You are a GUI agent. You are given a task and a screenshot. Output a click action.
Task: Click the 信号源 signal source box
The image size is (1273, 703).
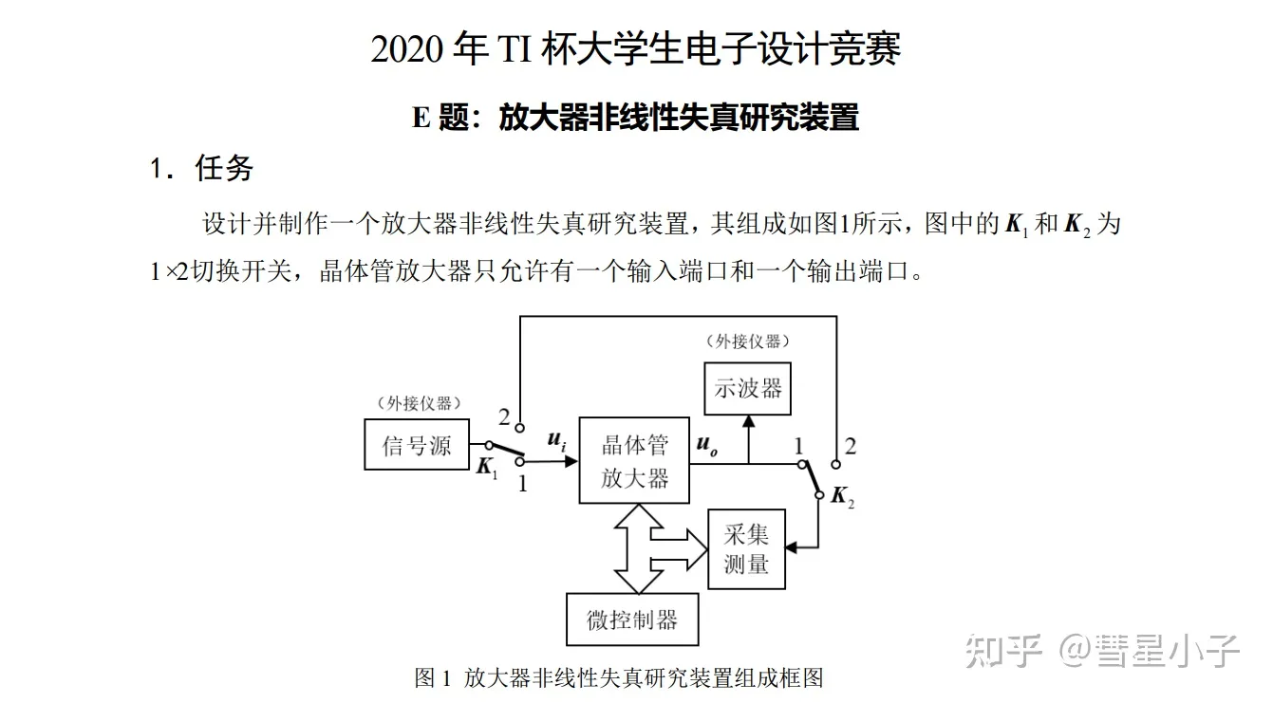click(x=417, y=444)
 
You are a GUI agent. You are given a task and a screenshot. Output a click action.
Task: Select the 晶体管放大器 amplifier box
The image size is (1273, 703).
click(x=634, y=460)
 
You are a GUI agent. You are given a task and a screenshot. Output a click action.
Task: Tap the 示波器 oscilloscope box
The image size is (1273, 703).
click(x=748, y=388)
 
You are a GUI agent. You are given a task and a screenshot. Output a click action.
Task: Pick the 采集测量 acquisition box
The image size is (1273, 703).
click(x=746, y=548)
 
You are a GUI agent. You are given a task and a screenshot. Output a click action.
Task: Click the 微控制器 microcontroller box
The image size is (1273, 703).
click(x=632, y=620)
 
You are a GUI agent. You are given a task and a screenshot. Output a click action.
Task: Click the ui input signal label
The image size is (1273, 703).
click(x=556, y=440)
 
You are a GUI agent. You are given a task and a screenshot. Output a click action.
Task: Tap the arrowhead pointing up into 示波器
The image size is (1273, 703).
click(x=748, y=422)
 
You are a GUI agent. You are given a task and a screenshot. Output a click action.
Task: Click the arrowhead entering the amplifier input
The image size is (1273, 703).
click(x=571, y=461)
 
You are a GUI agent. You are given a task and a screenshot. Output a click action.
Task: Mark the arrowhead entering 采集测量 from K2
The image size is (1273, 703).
click(x=792, y=547)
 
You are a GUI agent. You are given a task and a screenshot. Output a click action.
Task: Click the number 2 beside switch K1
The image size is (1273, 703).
click(x=504, y=417)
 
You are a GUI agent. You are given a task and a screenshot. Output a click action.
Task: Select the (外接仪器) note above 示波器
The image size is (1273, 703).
click(x=748, y=342)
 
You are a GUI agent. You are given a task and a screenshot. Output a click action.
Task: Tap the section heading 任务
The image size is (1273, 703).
click(x=224, y=169)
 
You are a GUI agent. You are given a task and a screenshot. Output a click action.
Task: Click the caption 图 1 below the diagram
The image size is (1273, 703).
click(x=433, y=678)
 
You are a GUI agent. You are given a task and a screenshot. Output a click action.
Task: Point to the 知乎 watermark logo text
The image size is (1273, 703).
click(x=1004, y=651)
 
